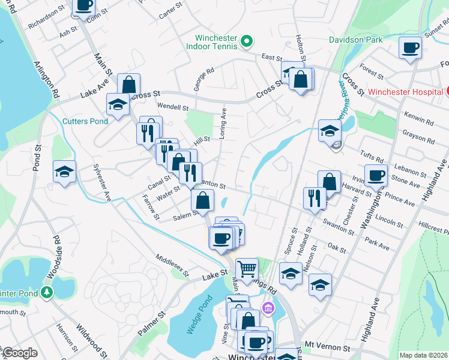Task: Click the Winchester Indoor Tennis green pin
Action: click(x=246, y=41)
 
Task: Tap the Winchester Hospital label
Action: click(x=406, y=92)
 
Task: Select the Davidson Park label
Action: click(x=356, y=40)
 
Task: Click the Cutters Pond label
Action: click(x=85, y=121)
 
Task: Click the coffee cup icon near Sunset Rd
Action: click(x=411, y=48)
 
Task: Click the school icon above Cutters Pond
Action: click(x=118, y=104)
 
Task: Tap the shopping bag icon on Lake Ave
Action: click(x=128, y=83)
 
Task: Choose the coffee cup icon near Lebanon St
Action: click(x=376, y=176)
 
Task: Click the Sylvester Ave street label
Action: click(x=102, y=182)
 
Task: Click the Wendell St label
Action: click(x=173, y=107)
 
